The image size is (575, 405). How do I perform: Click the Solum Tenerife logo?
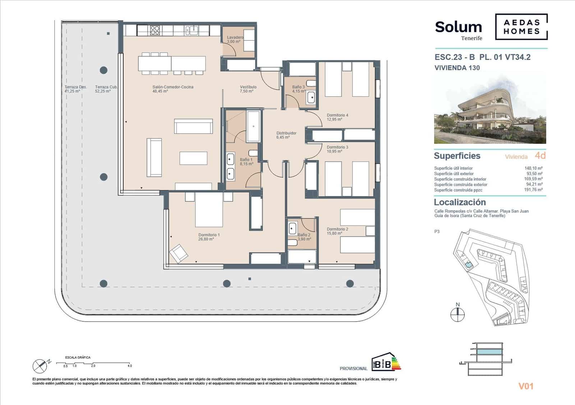point(459,29)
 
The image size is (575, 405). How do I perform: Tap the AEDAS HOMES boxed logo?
point(521,27)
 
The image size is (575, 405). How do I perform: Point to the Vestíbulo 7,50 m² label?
point(248,89)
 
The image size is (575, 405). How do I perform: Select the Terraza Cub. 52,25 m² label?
point(106,89)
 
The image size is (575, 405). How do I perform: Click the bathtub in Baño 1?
point(253,126)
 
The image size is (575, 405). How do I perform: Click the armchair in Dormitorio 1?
point(179,253)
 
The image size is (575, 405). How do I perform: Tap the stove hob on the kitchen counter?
point(155,30)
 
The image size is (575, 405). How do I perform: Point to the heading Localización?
point(460,202)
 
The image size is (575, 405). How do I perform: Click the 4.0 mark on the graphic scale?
point(130,366)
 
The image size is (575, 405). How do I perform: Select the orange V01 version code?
point(526,386)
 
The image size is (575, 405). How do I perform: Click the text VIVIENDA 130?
point(457,68)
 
